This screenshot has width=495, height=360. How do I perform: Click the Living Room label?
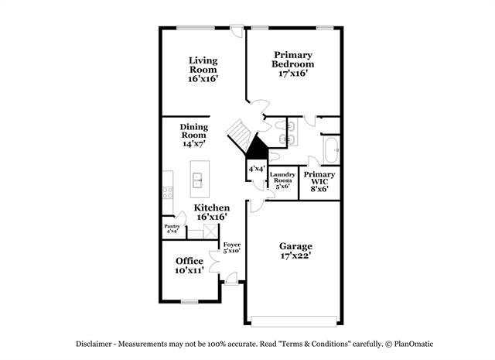203,65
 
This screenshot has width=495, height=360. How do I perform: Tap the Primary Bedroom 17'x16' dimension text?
293,74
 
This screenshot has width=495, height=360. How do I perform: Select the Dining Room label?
194,131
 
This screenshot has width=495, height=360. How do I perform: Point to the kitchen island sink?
198,180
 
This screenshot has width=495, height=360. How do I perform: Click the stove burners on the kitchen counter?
168,193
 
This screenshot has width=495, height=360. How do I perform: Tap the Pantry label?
172,226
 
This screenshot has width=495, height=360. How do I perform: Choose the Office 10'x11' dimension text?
189,270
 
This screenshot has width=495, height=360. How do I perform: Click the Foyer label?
232,245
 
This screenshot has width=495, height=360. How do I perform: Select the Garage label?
295,246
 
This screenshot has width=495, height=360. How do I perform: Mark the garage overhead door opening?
294,321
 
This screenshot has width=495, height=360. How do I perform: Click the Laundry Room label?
282,177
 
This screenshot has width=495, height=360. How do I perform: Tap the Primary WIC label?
319,178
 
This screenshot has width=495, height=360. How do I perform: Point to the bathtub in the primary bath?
331,150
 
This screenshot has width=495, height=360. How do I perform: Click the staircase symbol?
240,135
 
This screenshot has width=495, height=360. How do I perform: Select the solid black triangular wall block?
257,149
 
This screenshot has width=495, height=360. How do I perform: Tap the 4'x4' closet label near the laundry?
256,169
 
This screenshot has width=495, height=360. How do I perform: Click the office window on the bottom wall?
189,302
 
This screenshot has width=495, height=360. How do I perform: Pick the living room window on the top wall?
196,28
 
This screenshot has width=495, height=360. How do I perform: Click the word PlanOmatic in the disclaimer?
414,344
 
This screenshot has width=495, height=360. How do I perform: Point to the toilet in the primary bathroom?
274,156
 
